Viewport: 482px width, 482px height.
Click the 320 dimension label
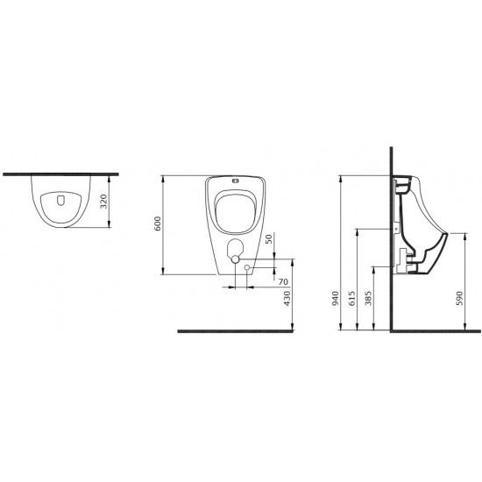pos(104,202)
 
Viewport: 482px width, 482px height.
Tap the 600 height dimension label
pos(158,223)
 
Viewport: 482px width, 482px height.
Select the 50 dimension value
pos(269,239)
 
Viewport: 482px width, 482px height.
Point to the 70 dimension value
pos(283,281)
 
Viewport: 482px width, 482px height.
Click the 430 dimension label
pos(287,298)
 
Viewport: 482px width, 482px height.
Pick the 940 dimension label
pos(336,298)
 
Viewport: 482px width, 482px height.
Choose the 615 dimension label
pos(352,298)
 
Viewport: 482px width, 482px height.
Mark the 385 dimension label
pos(368,298)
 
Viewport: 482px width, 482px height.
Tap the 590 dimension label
pos(459,298)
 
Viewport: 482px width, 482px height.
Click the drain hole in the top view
pos(60,200)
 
